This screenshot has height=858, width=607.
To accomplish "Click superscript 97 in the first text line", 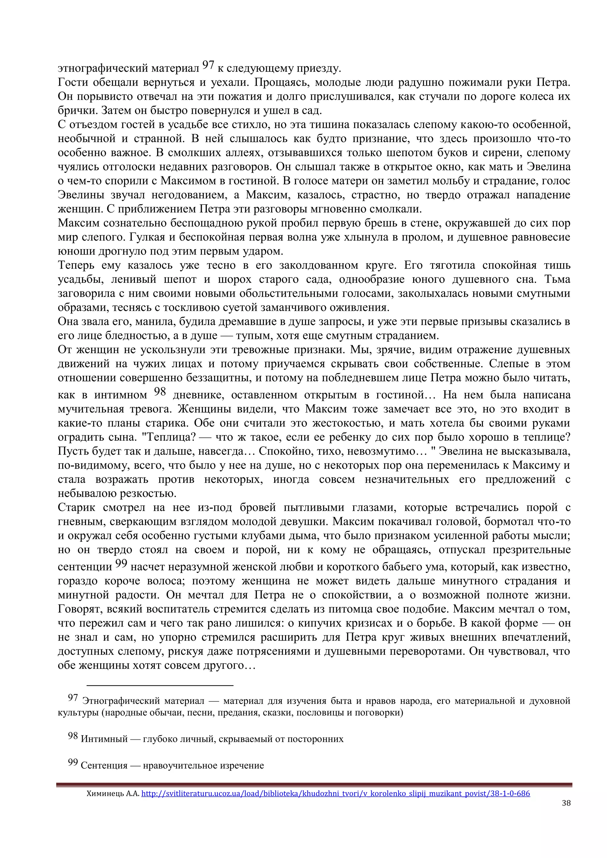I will click(208, 65).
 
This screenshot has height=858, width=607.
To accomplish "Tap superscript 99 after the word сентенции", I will click(121, 563).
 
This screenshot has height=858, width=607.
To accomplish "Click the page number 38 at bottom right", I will click(566, 803).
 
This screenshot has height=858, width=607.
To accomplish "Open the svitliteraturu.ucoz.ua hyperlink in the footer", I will click(335, 793).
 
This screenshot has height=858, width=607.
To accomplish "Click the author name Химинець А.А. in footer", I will click(113, 793).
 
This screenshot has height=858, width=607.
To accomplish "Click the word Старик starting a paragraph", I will click(76, 507).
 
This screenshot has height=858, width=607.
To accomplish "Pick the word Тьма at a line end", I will click(557, 279).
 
